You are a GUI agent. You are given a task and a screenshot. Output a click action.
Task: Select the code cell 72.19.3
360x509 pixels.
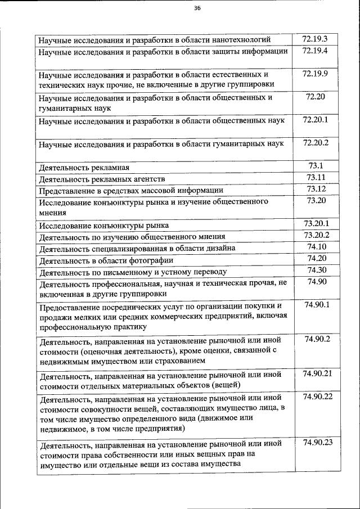pos(314,39)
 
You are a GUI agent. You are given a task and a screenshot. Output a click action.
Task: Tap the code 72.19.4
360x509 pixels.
pos(314,51)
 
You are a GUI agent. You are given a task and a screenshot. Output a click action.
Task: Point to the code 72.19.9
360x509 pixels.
pos(314,74)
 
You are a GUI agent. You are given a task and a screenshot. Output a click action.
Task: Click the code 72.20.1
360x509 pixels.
pos(316,120)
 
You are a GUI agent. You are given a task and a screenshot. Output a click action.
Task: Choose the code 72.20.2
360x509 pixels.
pos(316,143)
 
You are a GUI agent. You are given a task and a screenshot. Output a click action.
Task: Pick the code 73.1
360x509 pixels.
pos(316,166)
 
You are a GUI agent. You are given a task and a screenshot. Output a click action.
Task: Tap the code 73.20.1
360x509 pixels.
pos(316,224)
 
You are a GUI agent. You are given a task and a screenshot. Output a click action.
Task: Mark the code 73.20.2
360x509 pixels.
pos(316,235)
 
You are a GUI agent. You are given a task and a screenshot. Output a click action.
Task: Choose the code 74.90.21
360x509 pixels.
pos(317,373)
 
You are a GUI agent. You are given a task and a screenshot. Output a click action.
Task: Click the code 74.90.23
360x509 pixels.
pos(318,443)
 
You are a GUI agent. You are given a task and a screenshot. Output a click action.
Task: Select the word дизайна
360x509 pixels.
pos(216,248)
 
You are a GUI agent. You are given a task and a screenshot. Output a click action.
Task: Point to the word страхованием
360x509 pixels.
pos(174,361)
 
